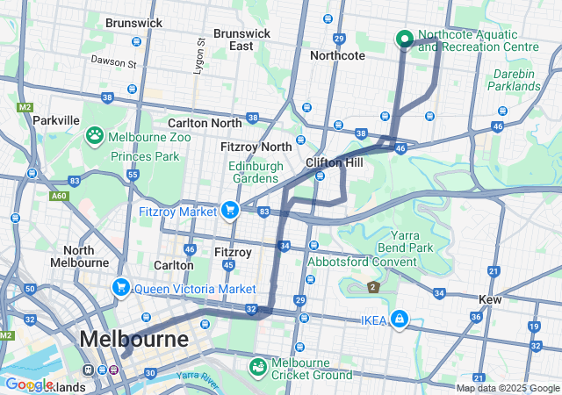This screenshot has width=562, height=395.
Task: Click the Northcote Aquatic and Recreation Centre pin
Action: pos(405,39)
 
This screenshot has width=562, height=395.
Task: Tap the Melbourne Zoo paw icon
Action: pos(94,135)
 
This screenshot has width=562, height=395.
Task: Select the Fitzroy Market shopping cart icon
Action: pos(230,210)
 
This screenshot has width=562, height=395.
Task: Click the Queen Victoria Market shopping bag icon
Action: pos(120,287)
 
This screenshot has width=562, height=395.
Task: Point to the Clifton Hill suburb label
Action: pos(335,163)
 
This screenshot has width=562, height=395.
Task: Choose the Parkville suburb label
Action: pos(56,119)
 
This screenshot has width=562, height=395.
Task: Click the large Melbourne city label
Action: pos(133,339)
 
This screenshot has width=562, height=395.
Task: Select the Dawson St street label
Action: pos(114,63)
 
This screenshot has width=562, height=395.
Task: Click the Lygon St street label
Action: pos(199,54)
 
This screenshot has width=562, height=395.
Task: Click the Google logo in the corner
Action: pos(28,384)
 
